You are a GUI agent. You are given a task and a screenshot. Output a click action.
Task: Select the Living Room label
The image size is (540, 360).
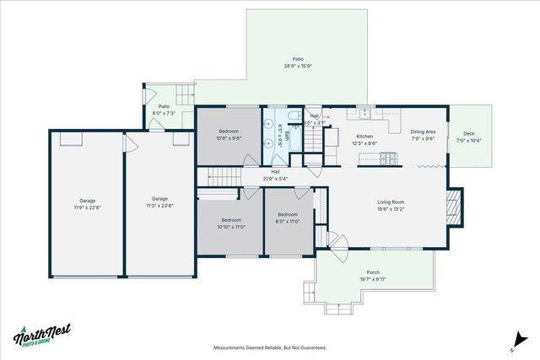click(391, 201)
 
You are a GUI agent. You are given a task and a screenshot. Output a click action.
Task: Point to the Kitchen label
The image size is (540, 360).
click(364, 136)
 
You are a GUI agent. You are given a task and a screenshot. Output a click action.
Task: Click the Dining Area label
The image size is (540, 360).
click(423, 132)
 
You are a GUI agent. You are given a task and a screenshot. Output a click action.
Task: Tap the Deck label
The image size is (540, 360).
click(468, 134)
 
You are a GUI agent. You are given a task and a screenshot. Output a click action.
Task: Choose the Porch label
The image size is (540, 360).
click(372, 272)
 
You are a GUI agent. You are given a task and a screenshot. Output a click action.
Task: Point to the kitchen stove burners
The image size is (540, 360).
click(390, 157)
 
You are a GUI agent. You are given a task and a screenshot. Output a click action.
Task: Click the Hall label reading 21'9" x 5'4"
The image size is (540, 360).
click(275, 175)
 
